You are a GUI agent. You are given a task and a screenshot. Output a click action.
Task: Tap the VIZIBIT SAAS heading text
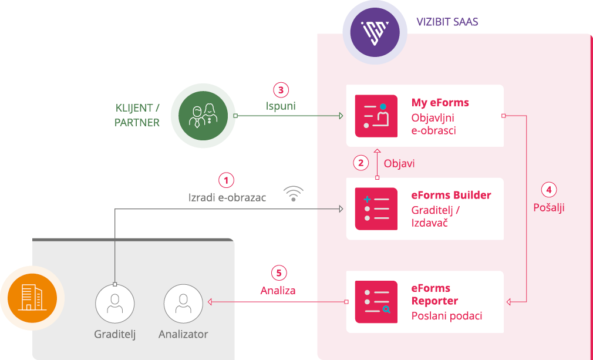[447, 22]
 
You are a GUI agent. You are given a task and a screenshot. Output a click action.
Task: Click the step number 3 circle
[281, 90]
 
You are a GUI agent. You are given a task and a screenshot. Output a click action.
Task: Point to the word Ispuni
[281, 107]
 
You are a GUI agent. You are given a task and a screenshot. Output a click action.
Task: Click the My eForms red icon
[376, 116]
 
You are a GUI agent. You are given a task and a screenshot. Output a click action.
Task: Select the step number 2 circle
[361, 163]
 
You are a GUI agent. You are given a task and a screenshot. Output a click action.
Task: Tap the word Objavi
[399, 163]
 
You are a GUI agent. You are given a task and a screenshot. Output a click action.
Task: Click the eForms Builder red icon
[376, 208]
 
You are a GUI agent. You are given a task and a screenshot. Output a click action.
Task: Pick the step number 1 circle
[227, 180]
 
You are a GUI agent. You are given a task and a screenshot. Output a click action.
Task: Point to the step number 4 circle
[548, 190]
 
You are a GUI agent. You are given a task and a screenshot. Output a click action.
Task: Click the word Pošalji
[548, 207]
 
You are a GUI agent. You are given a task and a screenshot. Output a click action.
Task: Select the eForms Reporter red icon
[376, 302]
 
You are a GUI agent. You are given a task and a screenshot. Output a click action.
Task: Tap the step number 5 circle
[279, 273]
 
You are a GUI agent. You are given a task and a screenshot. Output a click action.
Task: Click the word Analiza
[278, 290]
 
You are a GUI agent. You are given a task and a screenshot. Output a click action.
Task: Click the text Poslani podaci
[446, 316]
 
